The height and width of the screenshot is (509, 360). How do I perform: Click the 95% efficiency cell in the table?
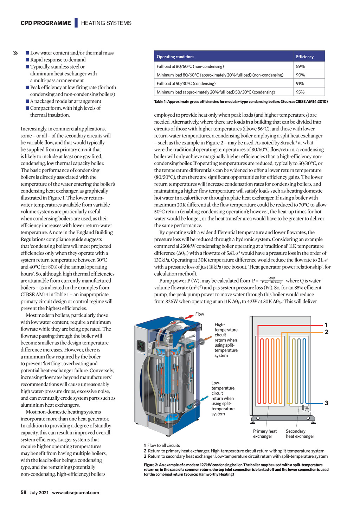(300, 92)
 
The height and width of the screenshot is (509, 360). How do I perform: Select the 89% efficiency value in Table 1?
(300, 66)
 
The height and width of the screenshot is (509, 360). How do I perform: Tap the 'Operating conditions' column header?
(175, 57)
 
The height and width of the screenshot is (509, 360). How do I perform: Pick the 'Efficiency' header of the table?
(304, 57)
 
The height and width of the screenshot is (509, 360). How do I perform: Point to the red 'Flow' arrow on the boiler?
(189, 316)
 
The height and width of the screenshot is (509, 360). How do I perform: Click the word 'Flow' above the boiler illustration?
(200, 314)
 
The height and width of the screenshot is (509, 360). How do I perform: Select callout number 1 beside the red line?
(326, 325)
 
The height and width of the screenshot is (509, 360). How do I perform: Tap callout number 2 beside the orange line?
(327, 332)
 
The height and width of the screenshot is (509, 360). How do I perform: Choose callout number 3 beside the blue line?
(327, 403)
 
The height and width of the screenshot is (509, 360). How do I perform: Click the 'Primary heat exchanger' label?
(265, 434)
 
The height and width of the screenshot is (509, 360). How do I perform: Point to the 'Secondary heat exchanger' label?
(300, 434)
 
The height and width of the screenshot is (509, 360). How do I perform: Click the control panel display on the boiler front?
(141, 346)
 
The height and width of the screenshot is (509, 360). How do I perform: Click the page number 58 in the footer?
(24, 492)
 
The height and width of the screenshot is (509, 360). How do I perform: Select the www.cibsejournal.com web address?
(76, 493)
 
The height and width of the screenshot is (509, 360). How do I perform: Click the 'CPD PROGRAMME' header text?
(46, 23)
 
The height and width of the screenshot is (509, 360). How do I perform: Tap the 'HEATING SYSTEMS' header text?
(106, 23)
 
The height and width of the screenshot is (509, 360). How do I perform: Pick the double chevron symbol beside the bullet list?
(15, 53)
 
